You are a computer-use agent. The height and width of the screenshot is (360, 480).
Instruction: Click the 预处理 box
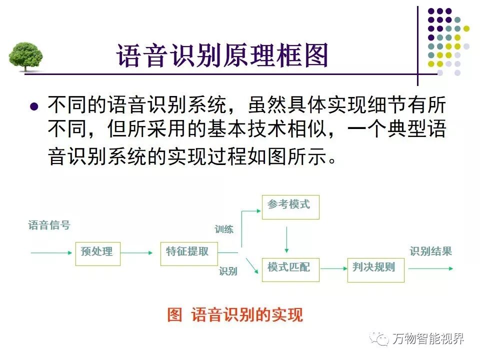97,253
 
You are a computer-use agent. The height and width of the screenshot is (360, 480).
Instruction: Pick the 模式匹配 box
290,268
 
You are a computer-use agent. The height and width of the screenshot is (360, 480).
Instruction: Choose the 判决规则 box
375,268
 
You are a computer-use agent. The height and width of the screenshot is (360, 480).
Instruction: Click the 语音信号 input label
49,225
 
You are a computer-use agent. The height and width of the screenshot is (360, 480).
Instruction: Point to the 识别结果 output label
430,252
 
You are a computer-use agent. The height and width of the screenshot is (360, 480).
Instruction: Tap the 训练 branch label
224,229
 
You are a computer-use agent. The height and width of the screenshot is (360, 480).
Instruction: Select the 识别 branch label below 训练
228,271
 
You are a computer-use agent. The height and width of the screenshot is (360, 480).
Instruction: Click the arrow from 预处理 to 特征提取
137,253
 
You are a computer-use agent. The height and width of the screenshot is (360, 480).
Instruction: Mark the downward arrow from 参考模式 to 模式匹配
286,240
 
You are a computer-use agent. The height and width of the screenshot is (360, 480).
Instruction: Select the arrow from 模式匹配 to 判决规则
333,268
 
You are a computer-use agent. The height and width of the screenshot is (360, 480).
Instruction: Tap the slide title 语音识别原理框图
222,55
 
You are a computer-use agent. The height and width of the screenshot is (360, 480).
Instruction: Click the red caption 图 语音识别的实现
235,315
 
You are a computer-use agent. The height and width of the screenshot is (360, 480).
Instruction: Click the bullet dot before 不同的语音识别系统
34,106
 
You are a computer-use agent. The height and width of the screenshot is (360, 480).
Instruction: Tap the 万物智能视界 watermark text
428,339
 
